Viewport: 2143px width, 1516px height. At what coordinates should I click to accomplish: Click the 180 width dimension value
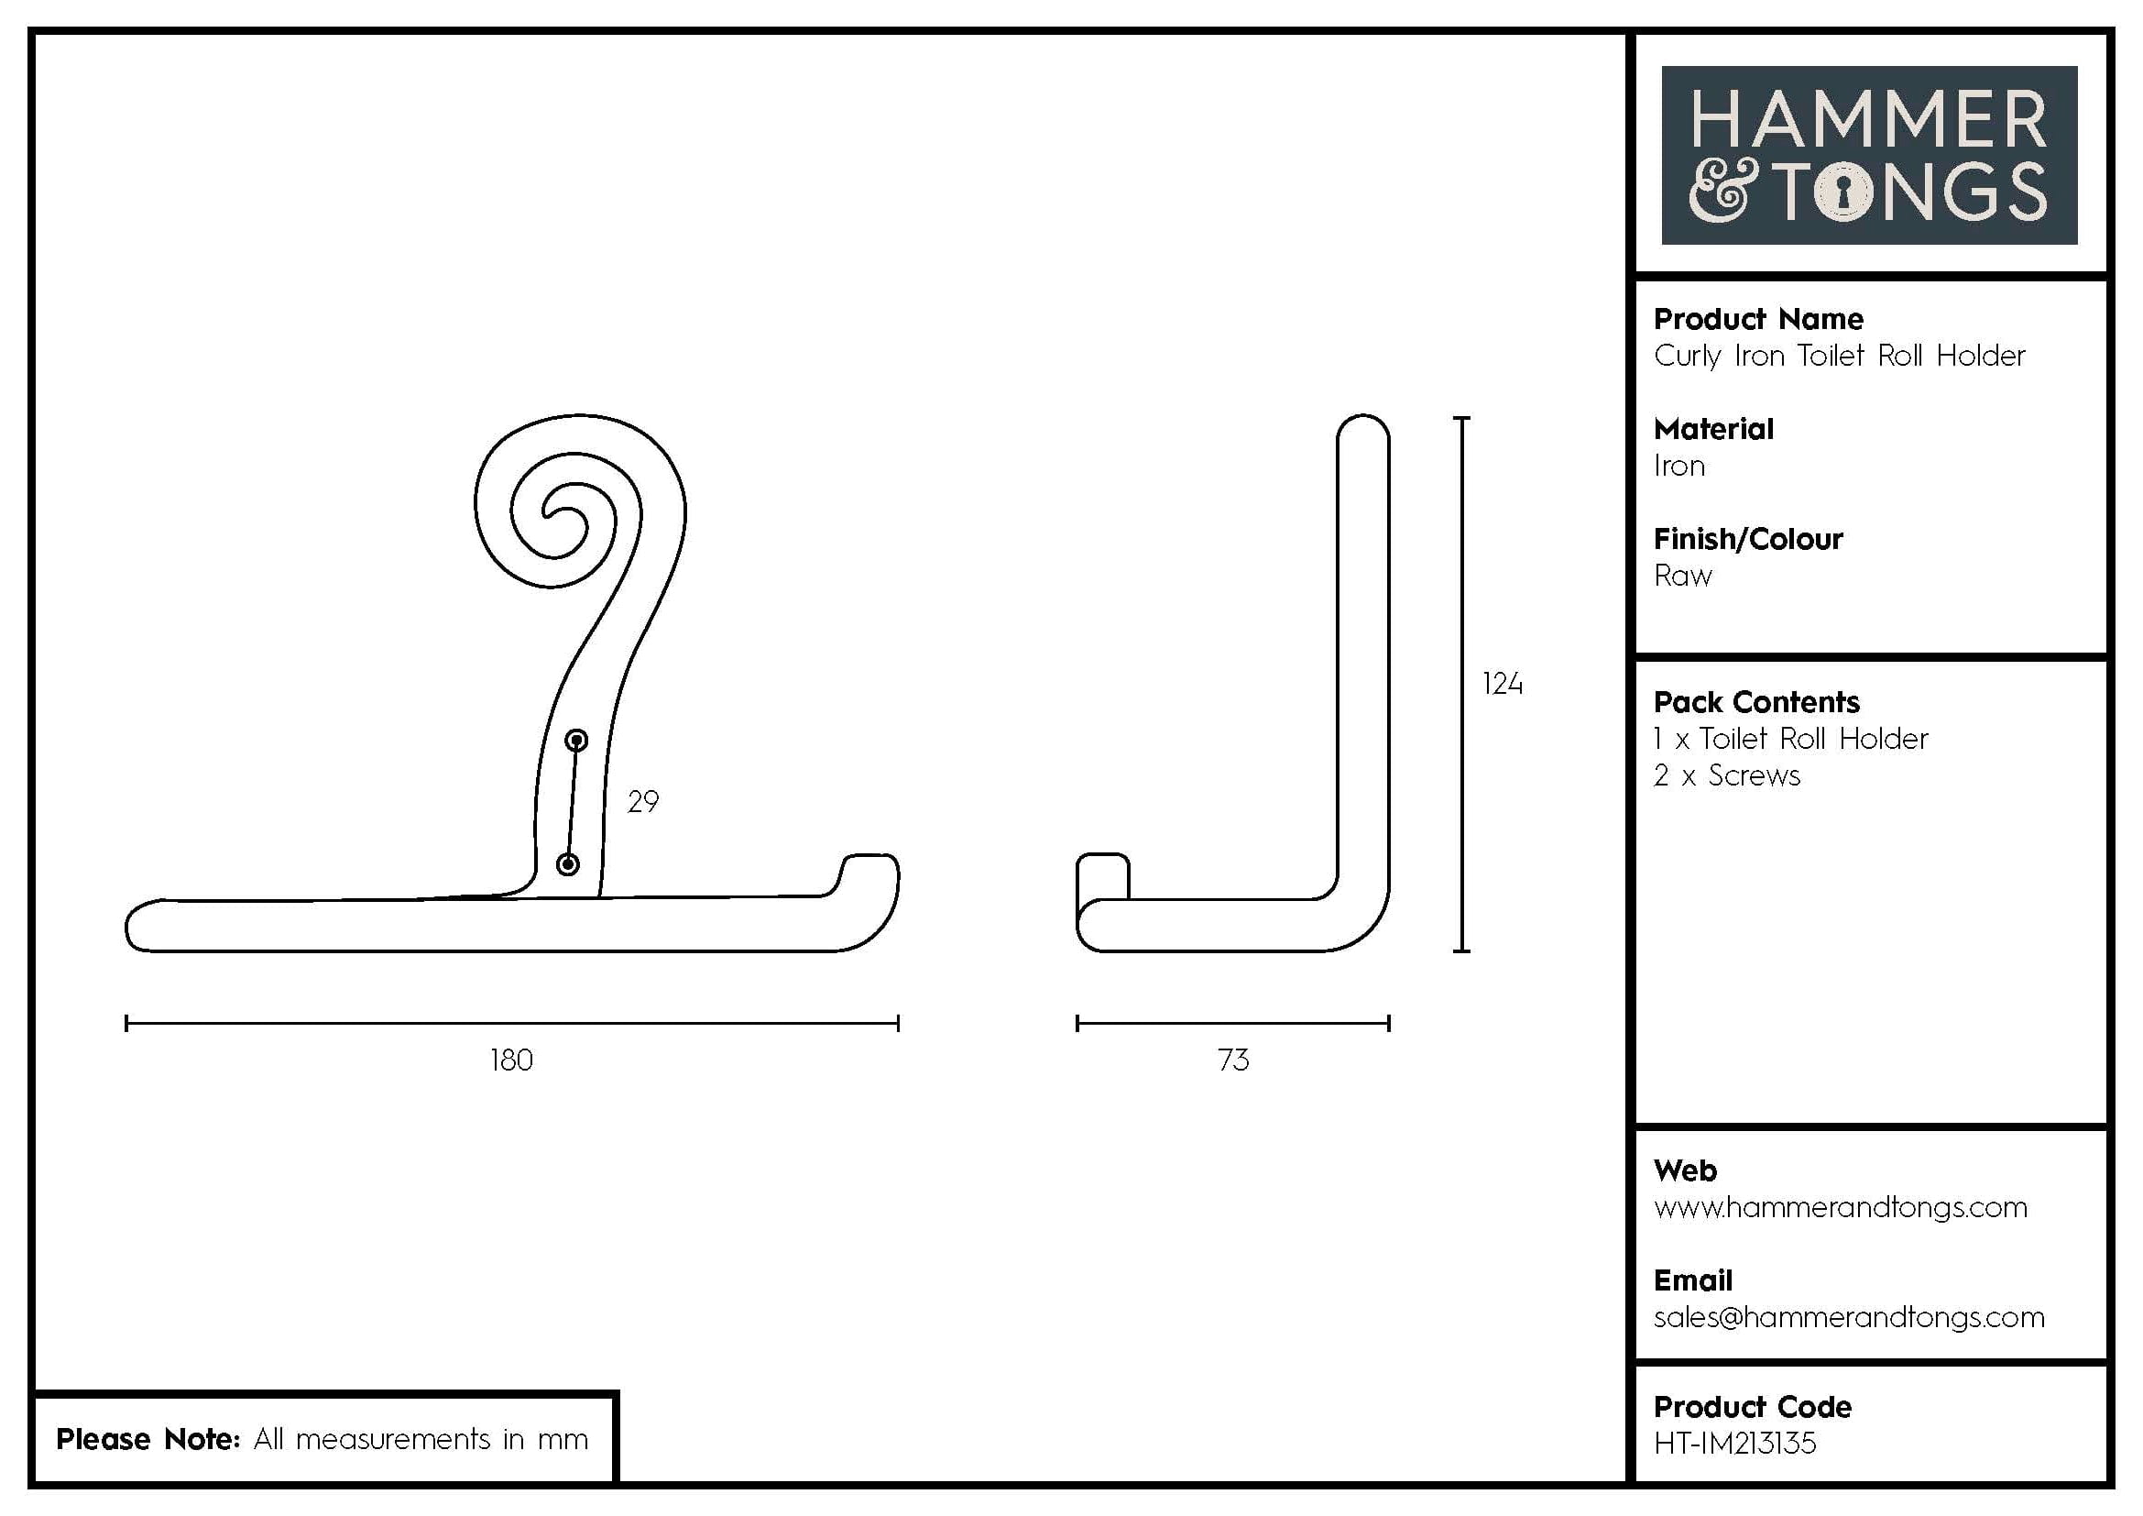(x=511, y=1060)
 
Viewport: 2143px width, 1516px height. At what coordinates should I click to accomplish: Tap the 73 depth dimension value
(x=1233, y=1060)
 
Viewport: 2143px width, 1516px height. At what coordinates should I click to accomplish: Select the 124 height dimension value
(x=1502, y=685)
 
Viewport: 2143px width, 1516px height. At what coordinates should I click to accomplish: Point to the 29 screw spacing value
(x=642, y=801)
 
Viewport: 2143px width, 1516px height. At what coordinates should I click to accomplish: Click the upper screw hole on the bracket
(x=577, y=742)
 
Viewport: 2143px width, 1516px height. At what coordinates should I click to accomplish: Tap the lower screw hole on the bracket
(x=567, y=864)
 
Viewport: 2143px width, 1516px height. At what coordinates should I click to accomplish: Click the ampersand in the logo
(x=1723, y=193)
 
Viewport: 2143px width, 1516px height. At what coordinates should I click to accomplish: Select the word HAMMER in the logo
(x=1868, y=120)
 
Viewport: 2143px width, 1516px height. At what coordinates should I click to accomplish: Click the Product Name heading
(x=1757, y=319)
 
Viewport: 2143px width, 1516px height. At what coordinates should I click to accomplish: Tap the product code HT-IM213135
(x=1734, y=1444)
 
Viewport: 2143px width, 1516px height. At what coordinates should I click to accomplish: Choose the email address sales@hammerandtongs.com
(x=1848, y=1317)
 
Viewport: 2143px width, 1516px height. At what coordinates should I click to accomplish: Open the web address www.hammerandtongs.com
(x=1840, y=1207)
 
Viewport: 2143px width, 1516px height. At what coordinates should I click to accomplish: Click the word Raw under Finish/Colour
(x=1682, y=576)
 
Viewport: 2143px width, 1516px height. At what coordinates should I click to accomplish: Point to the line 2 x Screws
(x=1726, y=775)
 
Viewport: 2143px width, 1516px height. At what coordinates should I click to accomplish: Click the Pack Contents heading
(x=1755, y=702)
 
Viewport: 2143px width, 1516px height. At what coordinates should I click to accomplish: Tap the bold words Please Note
(x=148, y=1438)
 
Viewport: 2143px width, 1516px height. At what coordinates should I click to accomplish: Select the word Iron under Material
(x=1678, y=466)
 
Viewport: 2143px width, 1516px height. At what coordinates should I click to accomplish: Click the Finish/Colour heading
(x=1747, y=540)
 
